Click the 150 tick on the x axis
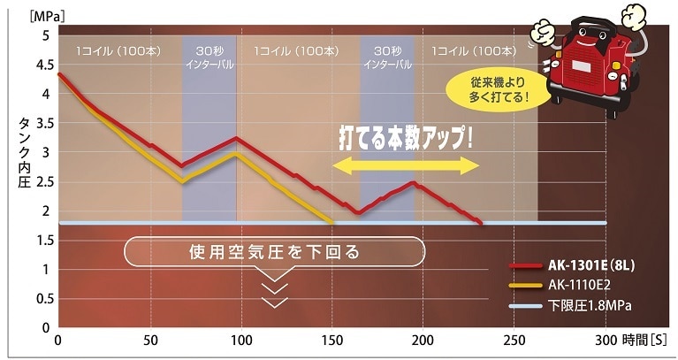[332, 341]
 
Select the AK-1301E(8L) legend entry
[588, 264]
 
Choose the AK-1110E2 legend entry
[580, 285]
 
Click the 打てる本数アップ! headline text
[405, 139]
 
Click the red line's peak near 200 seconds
[413, 182]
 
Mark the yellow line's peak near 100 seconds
[235, 154]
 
